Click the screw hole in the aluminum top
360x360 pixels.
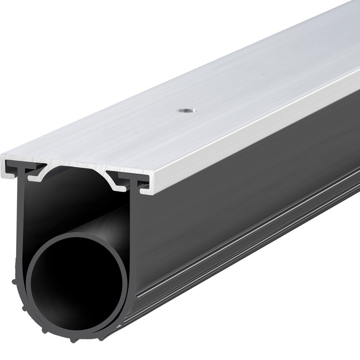click(183, 110)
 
